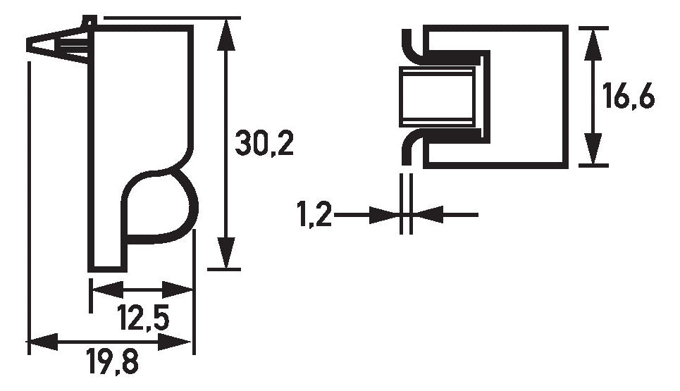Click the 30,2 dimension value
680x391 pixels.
[x=264, y=143]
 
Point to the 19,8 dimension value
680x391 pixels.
[x=112, y=361]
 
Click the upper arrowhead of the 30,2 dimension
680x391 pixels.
[x=225, y=35]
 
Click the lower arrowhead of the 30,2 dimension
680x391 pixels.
[x=225, y=253]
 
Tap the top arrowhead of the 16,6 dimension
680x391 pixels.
[x=593, y=44]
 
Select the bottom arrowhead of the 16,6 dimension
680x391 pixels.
[x=593, y=149]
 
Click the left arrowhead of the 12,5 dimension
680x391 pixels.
[x=109, y=290]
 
